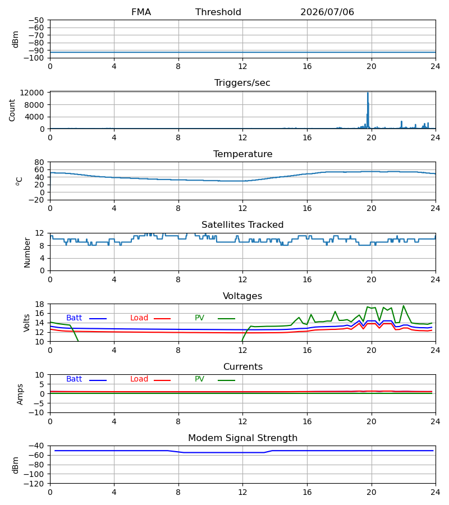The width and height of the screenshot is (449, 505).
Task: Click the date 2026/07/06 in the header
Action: click(x=327, y=12)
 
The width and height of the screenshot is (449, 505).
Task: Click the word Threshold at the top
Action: click(x=218, y=12)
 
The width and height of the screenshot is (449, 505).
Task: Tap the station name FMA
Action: click(x=141, y=12)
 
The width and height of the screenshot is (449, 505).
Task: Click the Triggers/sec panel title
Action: click(x=242, y=83)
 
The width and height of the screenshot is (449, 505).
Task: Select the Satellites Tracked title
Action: click(x=242, y=225)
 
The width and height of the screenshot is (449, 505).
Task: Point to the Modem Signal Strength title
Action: click(x=242, y=438)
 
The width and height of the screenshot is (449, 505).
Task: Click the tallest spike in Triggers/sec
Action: click(x=368, y=93)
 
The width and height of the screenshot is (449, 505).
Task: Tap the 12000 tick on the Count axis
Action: click(x=32, y=93)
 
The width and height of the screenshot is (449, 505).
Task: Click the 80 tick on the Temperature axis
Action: click(x=39, y=162)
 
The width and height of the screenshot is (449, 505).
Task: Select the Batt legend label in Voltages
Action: click(x=74, y=318)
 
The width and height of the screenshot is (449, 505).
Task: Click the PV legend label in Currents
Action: click(x=199, y=379)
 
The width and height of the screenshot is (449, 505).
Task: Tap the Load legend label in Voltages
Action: click(x=139, y=318)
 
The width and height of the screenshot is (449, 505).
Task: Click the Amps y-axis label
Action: click(x=20, y=394)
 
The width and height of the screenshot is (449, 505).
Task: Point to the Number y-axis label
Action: click(x=27, y=252)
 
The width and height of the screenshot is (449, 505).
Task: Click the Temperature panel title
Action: click(x=242, y=154)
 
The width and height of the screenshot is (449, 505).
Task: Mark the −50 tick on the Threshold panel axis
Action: click(x=36, y=20)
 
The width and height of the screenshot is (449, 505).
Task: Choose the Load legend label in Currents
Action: click(x=139, y=379)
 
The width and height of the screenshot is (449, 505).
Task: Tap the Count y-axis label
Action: click(x=12, y=111)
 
